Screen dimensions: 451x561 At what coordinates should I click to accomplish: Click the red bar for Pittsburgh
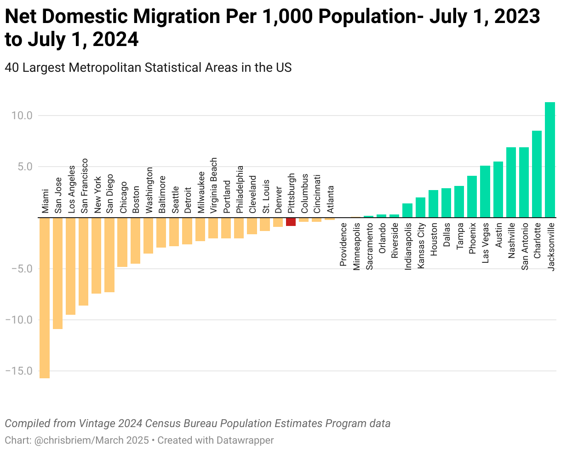pos(291,222)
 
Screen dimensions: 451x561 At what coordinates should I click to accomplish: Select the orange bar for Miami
pos(45,298)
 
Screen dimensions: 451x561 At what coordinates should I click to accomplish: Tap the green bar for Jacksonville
pos(550,159)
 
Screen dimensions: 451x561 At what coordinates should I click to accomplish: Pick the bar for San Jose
pos(57,273)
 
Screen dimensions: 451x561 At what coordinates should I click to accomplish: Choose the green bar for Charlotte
pos(537,174)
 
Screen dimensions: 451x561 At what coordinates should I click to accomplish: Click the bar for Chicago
pos(122,242)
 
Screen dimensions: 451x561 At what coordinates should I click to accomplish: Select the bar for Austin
pos(498,190)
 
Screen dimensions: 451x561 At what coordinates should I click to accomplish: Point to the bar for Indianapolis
pos(407,210)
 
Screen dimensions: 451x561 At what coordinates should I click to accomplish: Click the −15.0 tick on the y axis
pos(18,371)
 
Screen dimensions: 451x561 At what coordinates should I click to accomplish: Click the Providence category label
pos(343,244)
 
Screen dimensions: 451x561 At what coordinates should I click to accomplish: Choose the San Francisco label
pos(84,186)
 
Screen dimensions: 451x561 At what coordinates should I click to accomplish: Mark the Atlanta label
pos(330,199)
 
